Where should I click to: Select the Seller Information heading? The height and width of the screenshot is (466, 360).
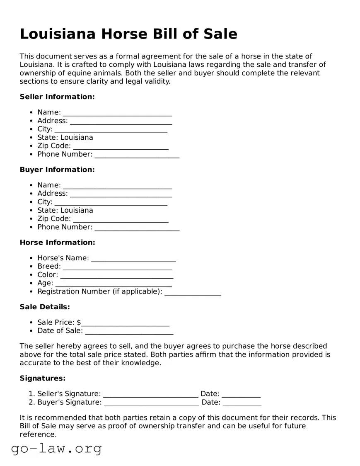point(57,97)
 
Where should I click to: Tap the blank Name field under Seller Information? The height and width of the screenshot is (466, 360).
point(117,113)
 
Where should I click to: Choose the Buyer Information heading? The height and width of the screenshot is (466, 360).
point(57,170)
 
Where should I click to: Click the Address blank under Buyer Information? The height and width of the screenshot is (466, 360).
point(121,194)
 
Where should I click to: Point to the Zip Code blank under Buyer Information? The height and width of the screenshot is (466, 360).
point(121,219)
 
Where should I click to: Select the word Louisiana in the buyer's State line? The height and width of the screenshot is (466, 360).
point(77,210)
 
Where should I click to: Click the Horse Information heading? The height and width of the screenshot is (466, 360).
point(57,243)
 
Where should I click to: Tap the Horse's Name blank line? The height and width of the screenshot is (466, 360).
point(133,259)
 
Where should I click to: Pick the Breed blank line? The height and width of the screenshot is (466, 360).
point(117,267)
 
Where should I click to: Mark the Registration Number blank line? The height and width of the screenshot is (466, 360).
point(193,292)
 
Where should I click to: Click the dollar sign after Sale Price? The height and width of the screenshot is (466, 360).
point(79,323)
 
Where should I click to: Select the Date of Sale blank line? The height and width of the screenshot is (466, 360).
point(129,331)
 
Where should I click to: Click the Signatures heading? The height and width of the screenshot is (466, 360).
point(43,378)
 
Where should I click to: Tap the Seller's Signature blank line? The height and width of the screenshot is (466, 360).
point(150,394)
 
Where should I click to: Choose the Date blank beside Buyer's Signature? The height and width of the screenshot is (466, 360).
point(242,403)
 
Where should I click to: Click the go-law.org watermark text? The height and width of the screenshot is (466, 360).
point(56,448)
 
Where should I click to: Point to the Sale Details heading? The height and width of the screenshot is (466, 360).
point(45,307)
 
